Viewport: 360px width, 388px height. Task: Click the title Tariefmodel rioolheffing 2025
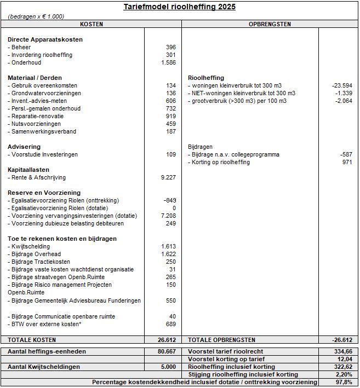tap(180, 7)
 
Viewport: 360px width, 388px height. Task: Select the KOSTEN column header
tap(92, 25)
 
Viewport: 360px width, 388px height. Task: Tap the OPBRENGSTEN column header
tap(270, 25)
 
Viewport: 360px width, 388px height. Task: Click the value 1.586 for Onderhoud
tap(169, 63)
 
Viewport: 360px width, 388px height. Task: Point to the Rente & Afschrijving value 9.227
tap(168, 178)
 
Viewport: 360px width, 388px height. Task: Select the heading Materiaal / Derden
tap(35, 78)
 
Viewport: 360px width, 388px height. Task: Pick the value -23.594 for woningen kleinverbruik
tap(342, 86)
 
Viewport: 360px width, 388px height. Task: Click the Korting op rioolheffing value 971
tap(346, 163)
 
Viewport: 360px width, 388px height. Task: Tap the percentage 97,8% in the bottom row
tap(344, 383)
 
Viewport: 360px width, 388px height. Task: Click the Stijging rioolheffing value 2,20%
tap(343, 375)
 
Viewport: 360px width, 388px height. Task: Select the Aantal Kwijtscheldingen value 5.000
tap(168, 367)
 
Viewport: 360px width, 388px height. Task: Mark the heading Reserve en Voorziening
tap(44, 193)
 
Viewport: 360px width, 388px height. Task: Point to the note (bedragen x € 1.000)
tap(36, 17)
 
